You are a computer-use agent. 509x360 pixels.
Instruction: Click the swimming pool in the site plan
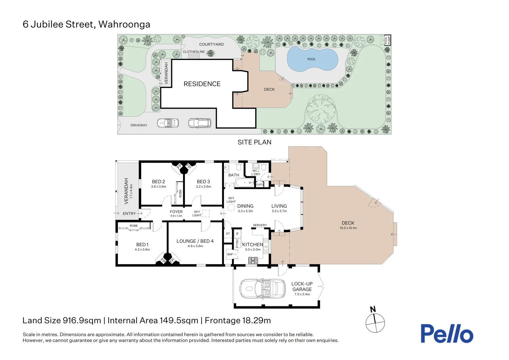[x=312, y=59]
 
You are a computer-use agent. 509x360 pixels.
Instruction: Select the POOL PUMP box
[x=387, y=40]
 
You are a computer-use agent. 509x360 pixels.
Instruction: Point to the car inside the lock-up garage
[x=262, y=288]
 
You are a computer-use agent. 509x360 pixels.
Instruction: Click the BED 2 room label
[x=158, y=181]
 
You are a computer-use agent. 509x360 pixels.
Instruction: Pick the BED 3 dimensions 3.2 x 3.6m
[x=204, y=186]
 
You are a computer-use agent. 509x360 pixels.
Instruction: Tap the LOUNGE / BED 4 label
[x=195, y=241]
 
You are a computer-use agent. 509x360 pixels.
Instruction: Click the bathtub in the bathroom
[x=245, y=182]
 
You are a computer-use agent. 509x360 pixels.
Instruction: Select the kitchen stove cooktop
[x=253, y=260]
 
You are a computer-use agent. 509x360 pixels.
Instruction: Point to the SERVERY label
[x=260, y=225]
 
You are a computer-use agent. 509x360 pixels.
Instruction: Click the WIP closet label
[x=230, y=254]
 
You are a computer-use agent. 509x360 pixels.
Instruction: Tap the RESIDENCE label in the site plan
[x=202, y=84]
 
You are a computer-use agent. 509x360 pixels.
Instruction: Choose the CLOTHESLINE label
[x=194, y=52]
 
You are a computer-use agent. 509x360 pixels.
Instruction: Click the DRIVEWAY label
[x=139, y=125]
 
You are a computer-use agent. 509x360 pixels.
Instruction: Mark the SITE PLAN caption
[x=254, y=142]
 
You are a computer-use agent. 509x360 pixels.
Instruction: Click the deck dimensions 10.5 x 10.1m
[x=348, y=228]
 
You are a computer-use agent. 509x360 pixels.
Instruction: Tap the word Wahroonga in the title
[x=124, y=24]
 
